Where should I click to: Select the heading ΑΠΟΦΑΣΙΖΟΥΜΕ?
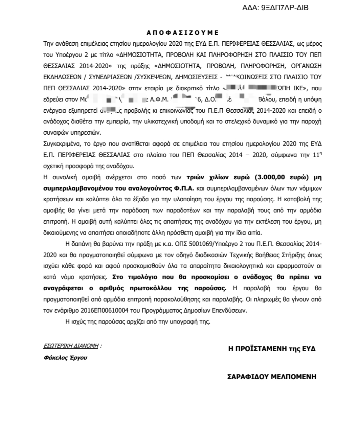(x=183, y=33)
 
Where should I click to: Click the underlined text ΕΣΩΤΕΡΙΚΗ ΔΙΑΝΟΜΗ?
(x=71, y=346)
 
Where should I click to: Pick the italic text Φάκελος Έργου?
(x=65, y=357)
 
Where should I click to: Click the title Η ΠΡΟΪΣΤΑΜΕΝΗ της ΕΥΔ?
(x=272, y=349)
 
